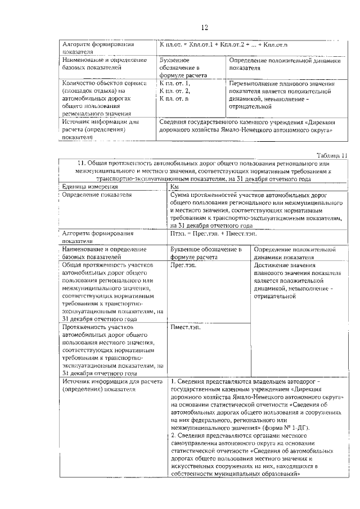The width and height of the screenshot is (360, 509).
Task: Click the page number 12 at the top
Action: click(205, 28)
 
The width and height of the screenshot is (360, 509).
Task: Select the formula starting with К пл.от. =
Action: click(226, 44)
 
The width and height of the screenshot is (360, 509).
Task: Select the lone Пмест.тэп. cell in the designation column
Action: click(188, 327)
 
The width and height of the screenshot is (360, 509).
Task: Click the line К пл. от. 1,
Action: click(175, 83)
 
